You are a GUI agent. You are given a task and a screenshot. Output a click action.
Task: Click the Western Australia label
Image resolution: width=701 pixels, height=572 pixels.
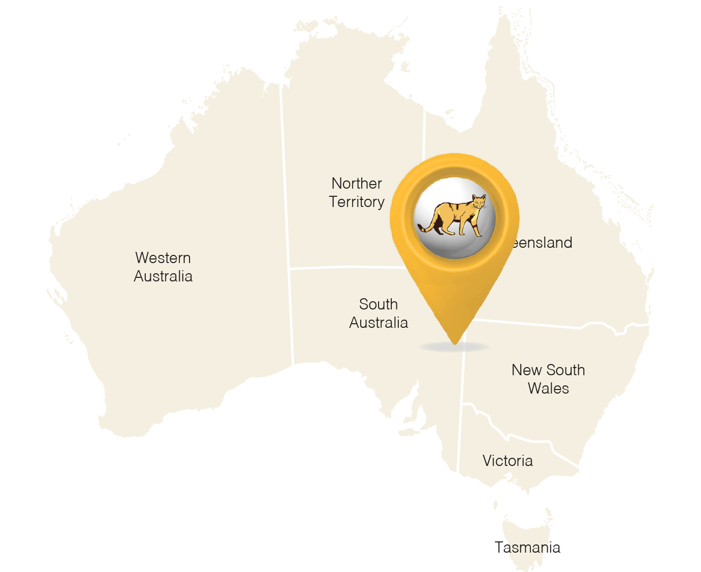coord(163,267)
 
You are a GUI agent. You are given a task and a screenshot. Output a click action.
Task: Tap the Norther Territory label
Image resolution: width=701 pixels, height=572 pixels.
coord(357,193)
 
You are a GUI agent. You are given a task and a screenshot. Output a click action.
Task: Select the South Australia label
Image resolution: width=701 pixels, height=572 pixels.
coord(379,314)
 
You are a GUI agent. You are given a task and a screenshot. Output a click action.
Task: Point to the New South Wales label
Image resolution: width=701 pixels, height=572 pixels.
coord(548,379)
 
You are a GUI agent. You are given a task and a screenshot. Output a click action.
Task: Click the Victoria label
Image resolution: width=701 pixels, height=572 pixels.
coord(507,461)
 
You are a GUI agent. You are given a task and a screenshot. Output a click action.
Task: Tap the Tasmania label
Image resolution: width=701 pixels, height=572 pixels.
coord(528,548)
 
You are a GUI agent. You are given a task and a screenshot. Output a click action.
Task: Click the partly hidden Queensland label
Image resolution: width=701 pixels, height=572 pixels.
coord(543,243)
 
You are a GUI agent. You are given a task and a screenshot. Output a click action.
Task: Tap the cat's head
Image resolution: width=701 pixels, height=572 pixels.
coord(478,202)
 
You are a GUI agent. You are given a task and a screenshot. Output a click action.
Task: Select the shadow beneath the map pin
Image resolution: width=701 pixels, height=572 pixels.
coord(454,348)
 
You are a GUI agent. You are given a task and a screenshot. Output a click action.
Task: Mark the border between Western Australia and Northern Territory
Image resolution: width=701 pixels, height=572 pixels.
coord(285,178)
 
